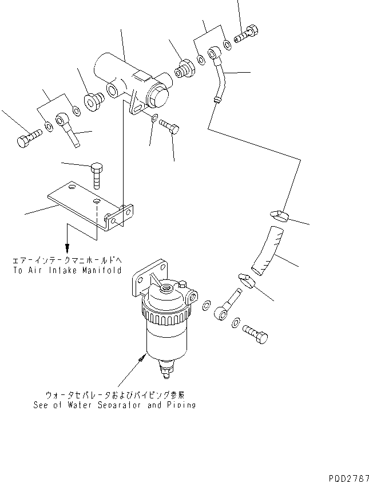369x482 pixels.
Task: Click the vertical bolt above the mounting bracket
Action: click(96, 174)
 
